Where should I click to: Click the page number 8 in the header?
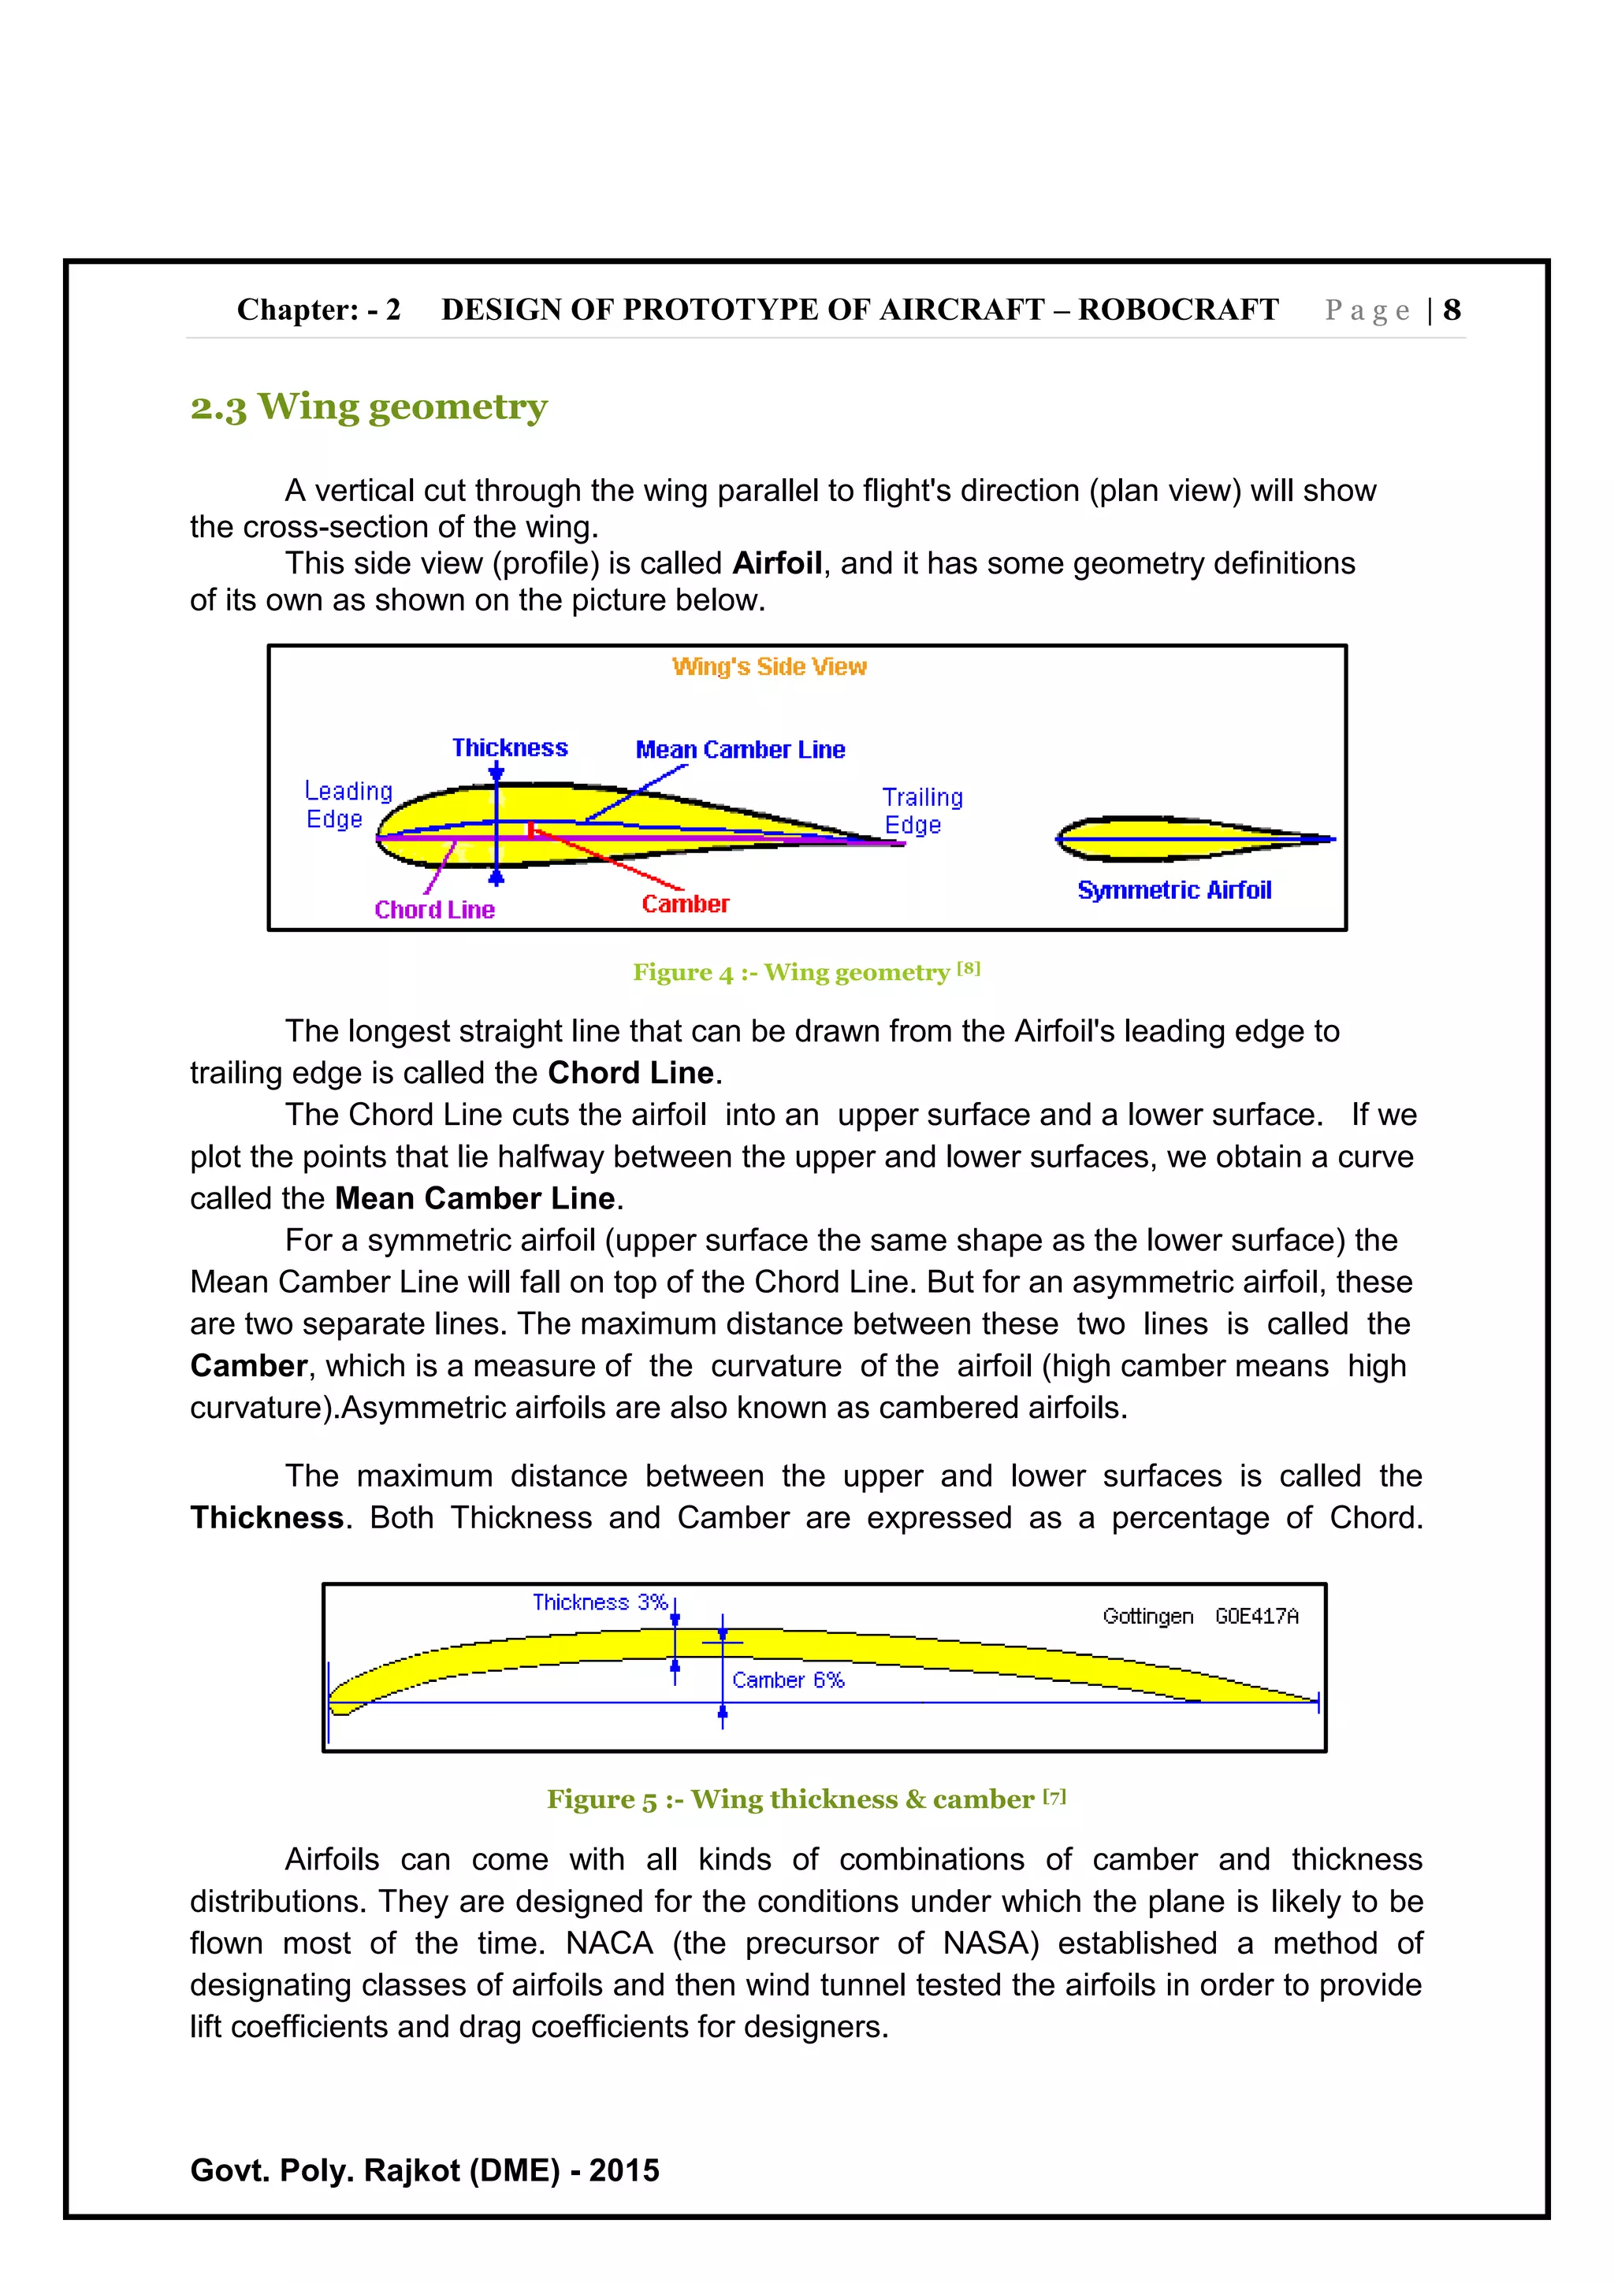pos(1451,310)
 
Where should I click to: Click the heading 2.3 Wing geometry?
pos(368,406)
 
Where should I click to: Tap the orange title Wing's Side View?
pos(768,666)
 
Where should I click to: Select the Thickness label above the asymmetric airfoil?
pos(509,747)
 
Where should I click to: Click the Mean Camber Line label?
pos(740,750)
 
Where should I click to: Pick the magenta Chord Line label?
pos(433,909)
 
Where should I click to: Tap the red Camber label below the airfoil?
pos(684,904)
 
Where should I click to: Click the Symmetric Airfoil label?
pos(1173,890)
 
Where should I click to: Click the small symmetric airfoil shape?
pos(1184,838)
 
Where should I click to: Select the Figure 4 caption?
pos(805,971)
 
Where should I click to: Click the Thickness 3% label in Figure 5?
pos(599,1602)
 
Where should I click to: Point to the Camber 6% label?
pos(787,1680)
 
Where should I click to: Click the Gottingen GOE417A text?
pos(1199,1616)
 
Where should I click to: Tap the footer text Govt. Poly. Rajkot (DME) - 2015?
pos(425,2170)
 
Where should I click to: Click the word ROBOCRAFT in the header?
pos(1177,310)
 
